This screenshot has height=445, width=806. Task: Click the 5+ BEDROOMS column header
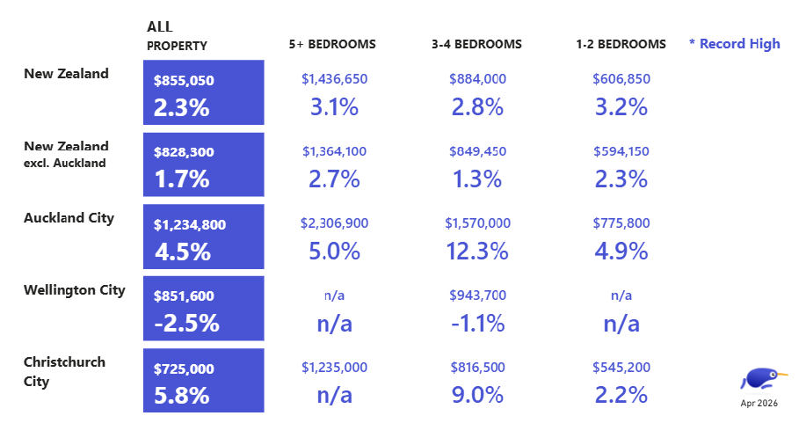[332, 44]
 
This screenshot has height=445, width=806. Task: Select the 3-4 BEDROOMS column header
[476, 44]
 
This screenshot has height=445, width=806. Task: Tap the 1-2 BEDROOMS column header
[621, 44]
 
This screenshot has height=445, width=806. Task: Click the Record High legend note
[735, 44]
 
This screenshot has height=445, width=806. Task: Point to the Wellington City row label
[75, 290]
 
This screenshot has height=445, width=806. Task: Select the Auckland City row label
[69, 218]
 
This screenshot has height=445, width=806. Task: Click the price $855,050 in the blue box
[184, 80]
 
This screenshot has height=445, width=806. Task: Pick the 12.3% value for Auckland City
[477, 252]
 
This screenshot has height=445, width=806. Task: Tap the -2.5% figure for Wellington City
[186, 324]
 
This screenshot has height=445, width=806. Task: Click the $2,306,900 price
[335, 223]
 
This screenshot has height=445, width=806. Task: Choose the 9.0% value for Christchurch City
[477, 395]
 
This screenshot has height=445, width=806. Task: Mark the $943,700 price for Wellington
[477, 295]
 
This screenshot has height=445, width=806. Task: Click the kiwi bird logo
[763, 379]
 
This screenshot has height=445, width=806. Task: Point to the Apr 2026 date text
[759, 404]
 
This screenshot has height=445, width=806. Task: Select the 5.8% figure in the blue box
[181, 396]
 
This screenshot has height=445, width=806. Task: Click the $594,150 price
[621, 151]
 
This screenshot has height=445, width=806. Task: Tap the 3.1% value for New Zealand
[334, 107]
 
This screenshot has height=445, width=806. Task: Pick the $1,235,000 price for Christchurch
[335, 368]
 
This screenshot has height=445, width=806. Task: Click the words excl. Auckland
[65, 163]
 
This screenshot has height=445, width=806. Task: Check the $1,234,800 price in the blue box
[190, 225]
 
